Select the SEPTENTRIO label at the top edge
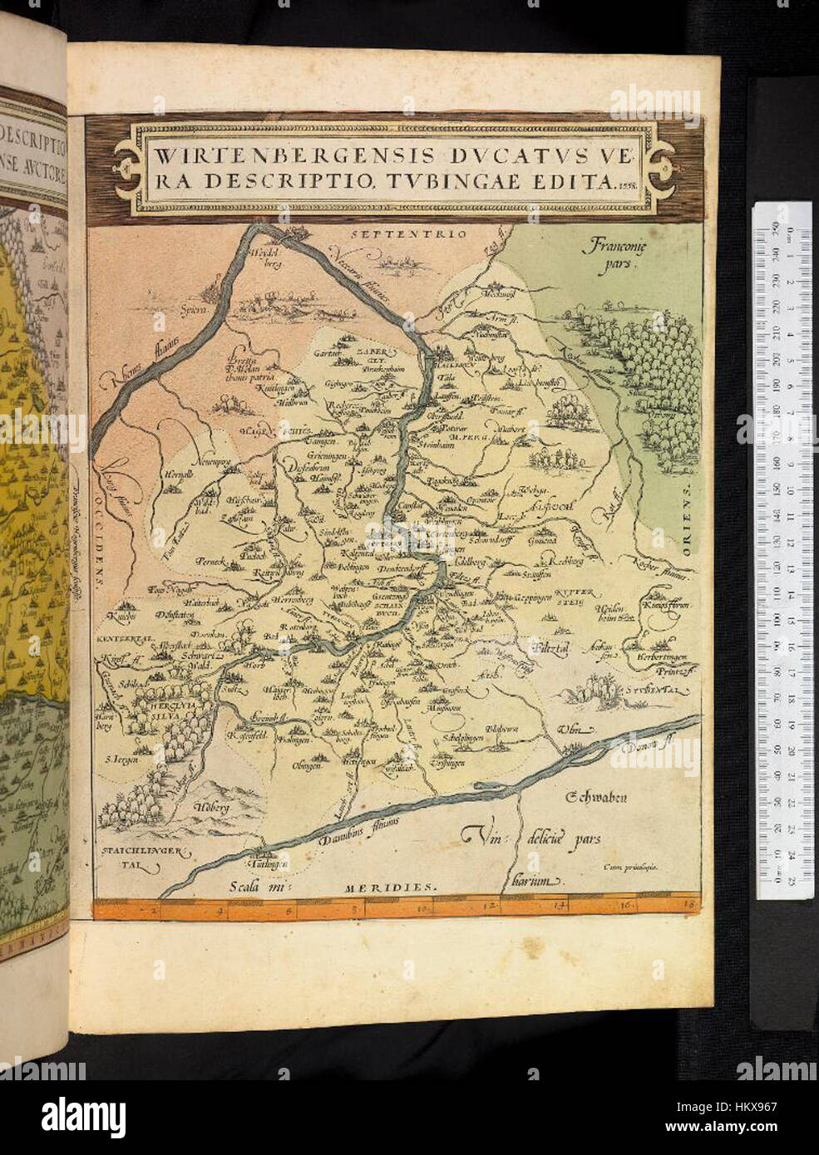pos(407,235)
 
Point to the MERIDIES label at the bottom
pos(389,887)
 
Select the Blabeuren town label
pos(502,730)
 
